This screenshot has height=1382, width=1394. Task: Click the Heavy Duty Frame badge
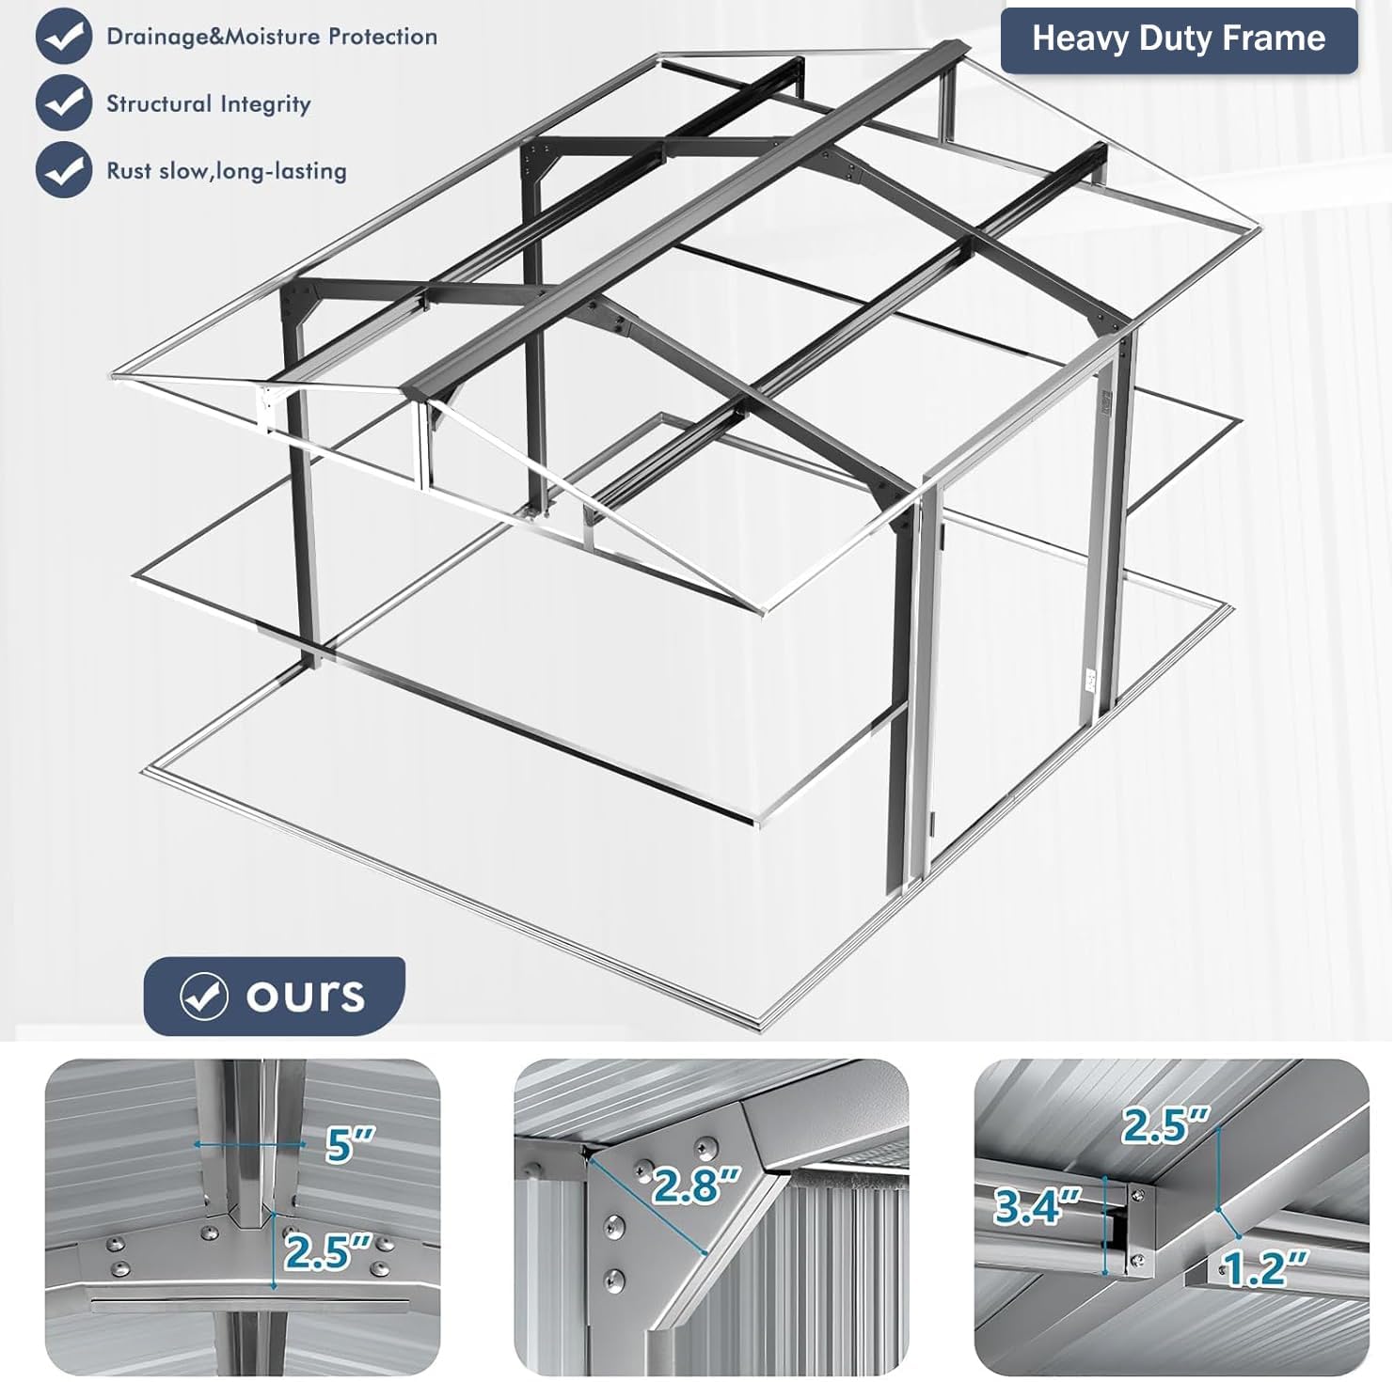tap(1179, 40)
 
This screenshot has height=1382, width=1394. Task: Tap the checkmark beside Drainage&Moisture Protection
tap(64, 36)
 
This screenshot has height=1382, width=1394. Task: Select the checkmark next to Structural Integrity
tap(64, 102)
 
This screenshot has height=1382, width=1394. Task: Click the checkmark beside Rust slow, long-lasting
tap(64, 169)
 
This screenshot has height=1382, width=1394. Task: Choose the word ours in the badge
tap(306, 996)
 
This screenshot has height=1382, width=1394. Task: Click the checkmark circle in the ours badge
tap(204, 996)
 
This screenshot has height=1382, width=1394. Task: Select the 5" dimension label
tap(349, 1144)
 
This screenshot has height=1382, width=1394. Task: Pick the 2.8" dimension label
tap(696, 1186)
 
